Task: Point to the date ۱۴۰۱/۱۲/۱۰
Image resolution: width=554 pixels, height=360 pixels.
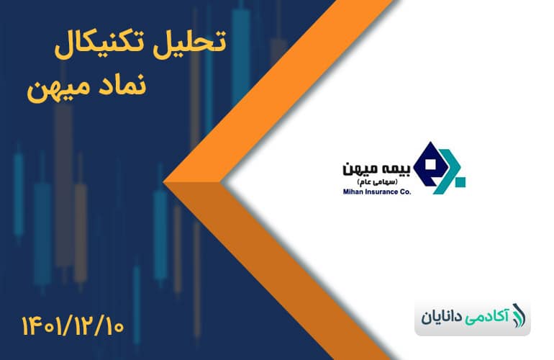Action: (73, 325)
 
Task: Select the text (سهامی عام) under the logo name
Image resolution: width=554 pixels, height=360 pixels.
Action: (377, 182)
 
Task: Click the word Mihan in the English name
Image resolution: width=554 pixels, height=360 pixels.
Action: (351, 192)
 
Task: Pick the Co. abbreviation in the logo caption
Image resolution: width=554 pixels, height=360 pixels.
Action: (406, 192)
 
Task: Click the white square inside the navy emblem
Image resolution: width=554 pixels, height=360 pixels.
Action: (430, 164)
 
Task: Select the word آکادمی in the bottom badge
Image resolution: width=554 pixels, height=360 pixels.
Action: (487, 316)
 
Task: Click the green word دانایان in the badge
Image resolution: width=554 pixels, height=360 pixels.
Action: (442, 317)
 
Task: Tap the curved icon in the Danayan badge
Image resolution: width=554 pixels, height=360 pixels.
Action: (518, 316)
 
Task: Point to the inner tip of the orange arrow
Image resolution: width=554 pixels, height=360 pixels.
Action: (221, 182)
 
